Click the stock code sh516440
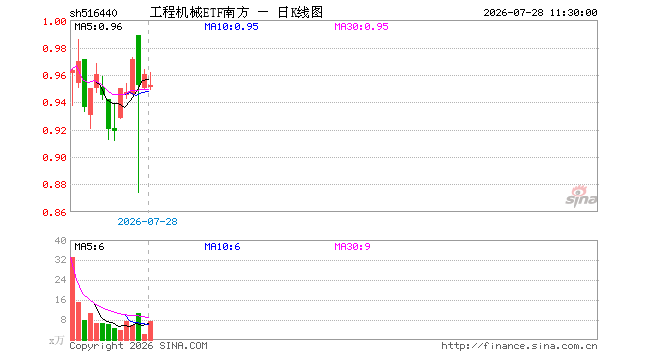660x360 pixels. tap(93, 13)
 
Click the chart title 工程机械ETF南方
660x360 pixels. tap(200, 13)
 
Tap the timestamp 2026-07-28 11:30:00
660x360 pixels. tap(540, 13)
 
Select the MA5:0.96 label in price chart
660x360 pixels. tap(98, 27)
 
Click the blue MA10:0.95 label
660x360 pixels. tap(231, 27)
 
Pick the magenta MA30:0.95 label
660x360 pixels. tap(361, 27)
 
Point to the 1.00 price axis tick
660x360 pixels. tap(54, 21)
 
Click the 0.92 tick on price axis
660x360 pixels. tap(54, 131)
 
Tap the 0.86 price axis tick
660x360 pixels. tap(54, 213)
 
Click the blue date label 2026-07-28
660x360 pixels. tap(147, 222)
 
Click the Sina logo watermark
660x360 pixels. tap(581, 196)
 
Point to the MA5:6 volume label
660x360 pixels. tap(89, 247)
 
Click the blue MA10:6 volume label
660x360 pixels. tap(222, 247)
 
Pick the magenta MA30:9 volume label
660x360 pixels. tap(352, 247)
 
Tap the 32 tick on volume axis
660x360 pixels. tap(61, 260)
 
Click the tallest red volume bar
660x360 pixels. tap(72, 299)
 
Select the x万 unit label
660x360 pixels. tap(56, 340)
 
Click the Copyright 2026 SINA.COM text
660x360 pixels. tap(138, 346)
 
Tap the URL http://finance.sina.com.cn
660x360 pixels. tap(519, 346)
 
